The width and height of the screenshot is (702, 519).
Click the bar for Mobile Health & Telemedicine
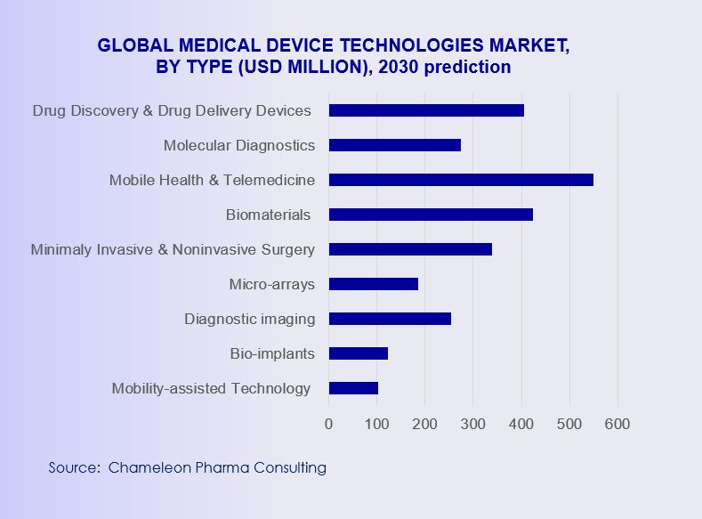tap(461, 180)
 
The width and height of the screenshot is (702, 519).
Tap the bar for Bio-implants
tap(359, 353)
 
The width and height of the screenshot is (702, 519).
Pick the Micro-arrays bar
tap(374, 284)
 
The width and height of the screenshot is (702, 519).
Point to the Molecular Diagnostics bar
tap(395, 145)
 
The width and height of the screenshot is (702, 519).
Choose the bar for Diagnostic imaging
tap(390, 319)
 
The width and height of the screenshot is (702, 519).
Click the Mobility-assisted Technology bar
tap(353, 388)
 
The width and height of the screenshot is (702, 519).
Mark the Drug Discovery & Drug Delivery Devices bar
tap(426, 110)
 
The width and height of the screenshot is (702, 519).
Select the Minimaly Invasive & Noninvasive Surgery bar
tap(410, 249)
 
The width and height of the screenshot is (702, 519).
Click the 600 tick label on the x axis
tap(617, 424)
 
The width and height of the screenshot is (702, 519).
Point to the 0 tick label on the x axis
tap(329, 424)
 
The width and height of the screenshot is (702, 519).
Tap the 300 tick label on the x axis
tap(472, 424)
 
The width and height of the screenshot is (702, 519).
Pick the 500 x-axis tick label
tap(569, 424)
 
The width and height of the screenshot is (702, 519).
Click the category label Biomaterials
tap(268, 215)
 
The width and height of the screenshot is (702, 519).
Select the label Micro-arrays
tap(271, 284)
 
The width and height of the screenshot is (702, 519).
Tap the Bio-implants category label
tap(271, 353)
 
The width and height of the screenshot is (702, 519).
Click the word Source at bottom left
tap(73, 467)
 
